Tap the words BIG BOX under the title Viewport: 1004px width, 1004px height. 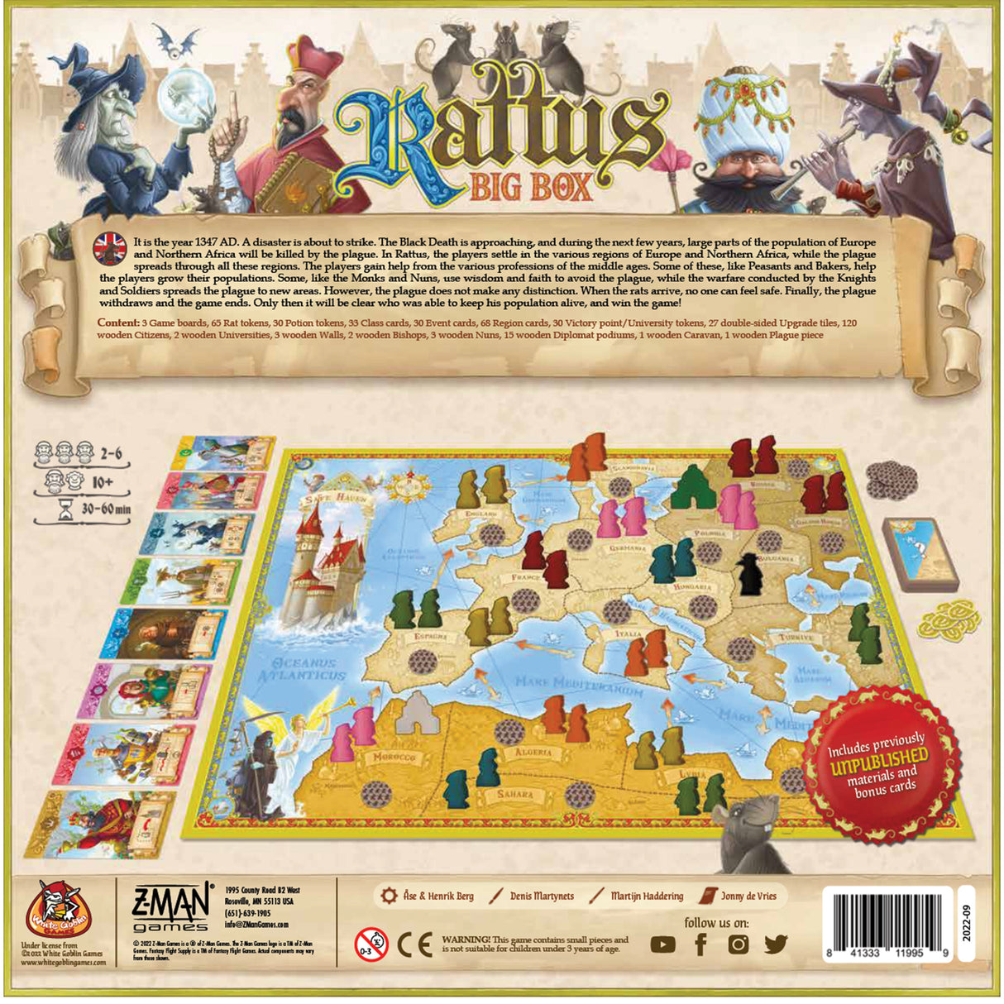pyautogui.click(x=531, y=186)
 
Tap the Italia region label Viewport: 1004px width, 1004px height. pyautogui.click(x=629, y=633)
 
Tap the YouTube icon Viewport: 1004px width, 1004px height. pyautogui.click(x=662, y=944)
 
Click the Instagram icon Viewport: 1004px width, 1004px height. pyautogui.click(x=738, y=944)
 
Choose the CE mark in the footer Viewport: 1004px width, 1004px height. pyautogui.click(x=414, y=944)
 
